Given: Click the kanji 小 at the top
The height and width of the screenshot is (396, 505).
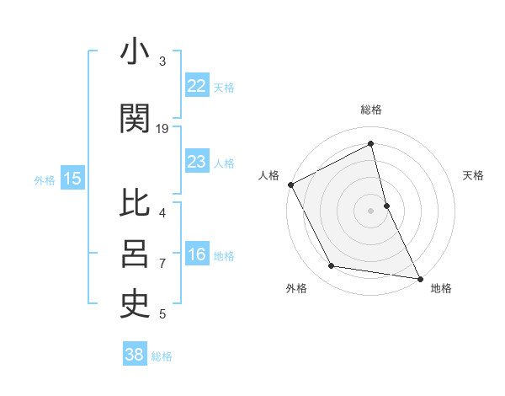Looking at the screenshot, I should click(135, 52).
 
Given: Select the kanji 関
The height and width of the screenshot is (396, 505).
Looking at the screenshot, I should click(135, 120).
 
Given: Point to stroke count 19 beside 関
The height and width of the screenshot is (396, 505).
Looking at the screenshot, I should click(162, 129).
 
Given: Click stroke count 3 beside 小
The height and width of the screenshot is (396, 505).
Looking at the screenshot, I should click(162, 61).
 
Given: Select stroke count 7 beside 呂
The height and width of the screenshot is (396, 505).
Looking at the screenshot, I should click(162, 263).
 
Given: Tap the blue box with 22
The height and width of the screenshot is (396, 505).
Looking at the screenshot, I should click(196, 86).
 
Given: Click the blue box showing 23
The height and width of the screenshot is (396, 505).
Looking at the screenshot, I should click(196, 162).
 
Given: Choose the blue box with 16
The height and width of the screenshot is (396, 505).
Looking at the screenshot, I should click(196, 254).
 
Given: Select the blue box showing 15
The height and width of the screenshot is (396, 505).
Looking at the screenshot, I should click(72, 179).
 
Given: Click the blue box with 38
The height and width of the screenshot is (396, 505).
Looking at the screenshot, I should click(134, 355).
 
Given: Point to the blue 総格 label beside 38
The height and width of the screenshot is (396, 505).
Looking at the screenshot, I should click(162, 356).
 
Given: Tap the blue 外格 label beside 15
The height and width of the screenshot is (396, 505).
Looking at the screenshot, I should click(44, 179).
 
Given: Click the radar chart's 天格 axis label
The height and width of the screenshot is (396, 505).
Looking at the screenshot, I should click(473, 175).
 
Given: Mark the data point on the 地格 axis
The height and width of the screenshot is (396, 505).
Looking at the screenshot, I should click(419, 277).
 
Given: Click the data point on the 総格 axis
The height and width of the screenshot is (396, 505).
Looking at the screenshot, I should click(370, 144).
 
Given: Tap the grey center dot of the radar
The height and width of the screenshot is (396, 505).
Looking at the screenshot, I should click(370, 210).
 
